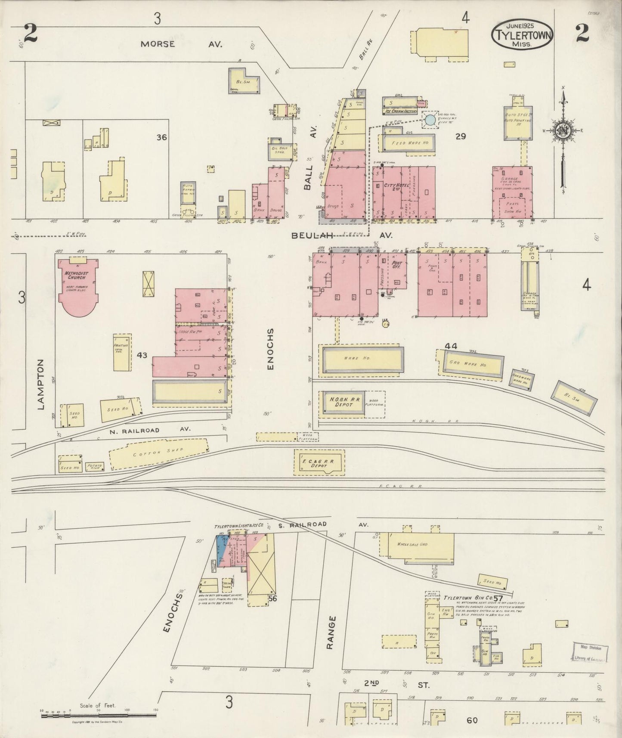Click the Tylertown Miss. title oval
click(x=521, y=34)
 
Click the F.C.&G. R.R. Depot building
click(x=319, y=462)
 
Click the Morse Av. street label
click(x=181, y=44)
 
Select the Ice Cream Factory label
click(x=400, y=111)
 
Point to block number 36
click(x=161, y=137)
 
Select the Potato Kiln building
click(x=93, y=466)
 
